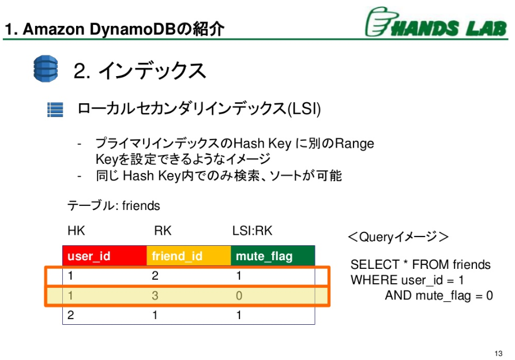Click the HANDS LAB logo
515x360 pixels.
435,23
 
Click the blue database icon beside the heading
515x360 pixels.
46,69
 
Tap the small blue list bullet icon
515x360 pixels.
55,109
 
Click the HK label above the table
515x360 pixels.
76,231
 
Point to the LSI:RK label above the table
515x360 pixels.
252,231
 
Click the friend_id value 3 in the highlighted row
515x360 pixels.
155,295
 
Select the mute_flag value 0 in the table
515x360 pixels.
239,295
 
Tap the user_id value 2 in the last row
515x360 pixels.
71,315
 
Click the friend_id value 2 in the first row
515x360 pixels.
155,276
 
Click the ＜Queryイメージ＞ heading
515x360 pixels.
397,237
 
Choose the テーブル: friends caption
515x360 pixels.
114,205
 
